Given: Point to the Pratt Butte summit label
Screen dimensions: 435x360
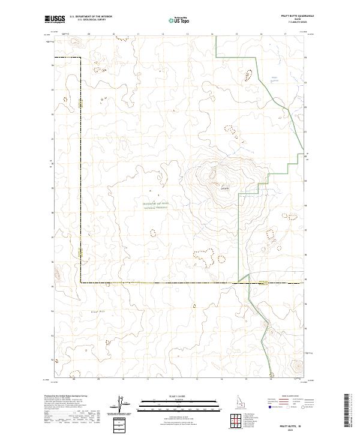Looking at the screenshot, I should (x=224, y=188).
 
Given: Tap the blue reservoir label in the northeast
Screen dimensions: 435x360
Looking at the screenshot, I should (x=274, y=78).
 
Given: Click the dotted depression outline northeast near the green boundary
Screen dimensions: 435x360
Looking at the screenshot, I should (x=248, y=76).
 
